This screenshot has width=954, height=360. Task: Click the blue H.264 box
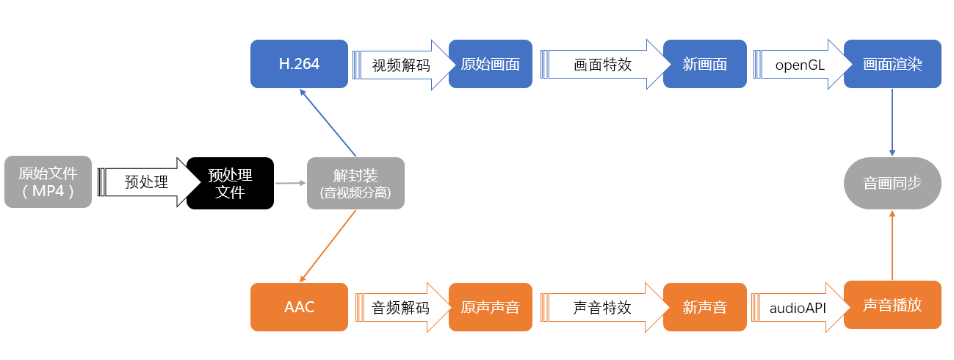coord(299,64)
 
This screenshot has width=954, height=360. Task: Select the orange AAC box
coord(299,307)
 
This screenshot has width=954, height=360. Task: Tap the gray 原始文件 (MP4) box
coord(48,182)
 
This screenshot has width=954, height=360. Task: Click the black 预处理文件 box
coord(230,183)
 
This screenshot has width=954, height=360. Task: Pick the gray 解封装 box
coord(355,183)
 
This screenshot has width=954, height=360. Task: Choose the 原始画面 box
coord(490,64)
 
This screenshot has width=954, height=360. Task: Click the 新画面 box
coord(705,64)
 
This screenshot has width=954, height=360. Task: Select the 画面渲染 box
coord(892,64)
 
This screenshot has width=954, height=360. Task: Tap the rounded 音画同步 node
coord(892,183)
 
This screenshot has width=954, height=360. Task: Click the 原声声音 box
coord(490,307)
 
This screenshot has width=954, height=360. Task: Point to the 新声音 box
coord(705,307)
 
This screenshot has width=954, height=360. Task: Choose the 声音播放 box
coord(892,305)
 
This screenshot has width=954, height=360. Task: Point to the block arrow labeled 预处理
coord(149,182)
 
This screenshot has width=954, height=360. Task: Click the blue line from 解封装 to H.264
coord(328,123)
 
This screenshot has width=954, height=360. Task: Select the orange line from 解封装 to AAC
coord(328,246)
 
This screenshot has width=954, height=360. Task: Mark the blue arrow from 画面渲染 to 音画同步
coord(892,122)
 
